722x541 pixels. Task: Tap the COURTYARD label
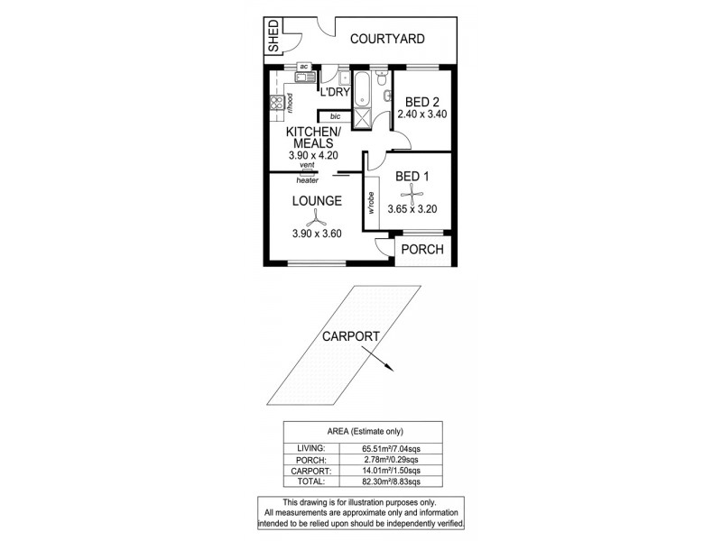click(387, 39)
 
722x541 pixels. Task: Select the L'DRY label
click(335, 93)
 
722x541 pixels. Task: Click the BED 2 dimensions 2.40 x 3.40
click(422, 115)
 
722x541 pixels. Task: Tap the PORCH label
click(422, 249)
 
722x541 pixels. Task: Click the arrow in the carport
click(384, 364)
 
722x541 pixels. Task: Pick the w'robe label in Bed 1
click(371, 204)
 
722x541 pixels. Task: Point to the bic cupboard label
click(335, 116)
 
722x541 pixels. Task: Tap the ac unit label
click(303, 67)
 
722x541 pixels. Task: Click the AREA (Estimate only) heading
click(362, 430)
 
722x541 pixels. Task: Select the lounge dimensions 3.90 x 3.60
click(316, 234)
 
